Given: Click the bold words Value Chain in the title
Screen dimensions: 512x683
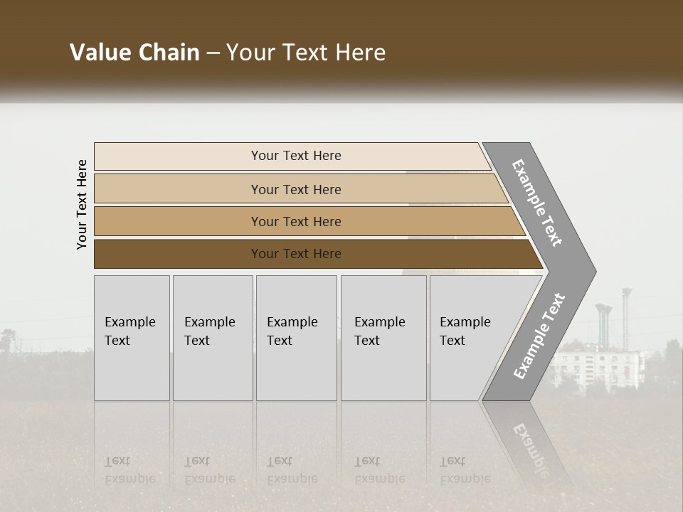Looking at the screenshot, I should [134, 53].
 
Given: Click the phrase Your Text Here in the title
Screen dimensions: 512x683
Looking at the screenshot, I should [306, 53].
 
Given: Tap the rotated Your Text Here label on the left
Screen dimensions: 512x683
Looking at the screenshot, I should [82, 204].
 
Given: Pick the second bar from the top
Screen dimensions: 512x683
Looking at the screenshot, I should [295, 189].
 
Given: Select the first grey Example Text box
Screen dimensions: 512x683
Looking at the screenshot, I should [132, 338].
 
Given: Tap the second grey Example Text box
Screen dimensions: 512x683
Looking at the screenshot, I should [213, 338].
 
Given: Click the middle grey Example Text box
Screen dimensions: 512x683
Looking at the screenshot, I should [296, 338].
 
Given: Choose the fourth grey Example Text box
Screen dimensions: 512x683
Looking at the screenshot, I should [383, 338].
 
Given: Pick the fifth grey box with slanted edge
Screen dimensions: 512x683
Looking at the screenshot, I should [470, 338].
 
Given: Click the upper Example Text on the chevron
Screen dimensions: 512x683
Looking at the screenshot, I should [537, 203].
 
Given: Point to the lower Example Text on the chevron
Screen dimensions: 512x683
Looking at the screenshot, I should [539, 336].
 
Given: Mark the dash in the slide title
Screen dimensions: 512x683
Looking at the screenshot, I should [213, 53].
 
